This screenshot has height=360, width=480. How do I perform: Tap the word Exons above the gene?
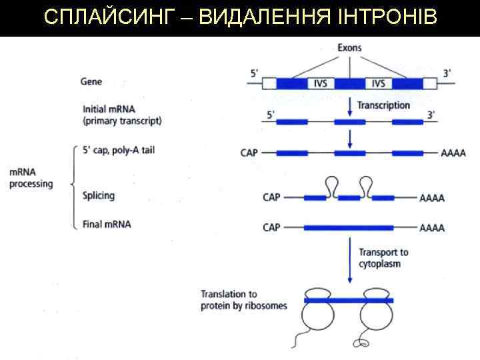[x=349, y=48]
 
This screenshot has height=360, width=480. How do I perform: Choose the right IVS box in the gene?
[x=379, y=83]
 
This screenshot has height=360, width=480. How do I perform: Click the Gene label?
[x=91, y=82]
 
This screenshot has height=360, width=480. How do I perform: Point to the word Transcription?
[x=383, y=105]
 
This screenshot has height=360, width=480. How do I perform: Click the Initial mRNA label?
[x=122, y=115]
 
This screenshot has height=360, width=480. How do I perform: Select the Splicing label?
[x=99, y=195]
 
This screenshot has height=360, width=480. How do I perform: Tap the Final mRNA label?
[x=107, y=224]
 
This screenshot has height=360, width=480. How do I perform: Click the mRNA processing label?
[x=31, y=178]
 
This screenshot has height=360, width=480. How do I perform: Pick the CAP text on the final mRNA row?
[x=271, y=227]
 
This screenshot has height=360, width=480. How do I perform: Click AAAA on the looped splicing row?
[x=432, y=197]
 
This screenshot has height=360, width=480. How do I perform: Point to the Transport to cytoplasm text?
[x=383, y=258]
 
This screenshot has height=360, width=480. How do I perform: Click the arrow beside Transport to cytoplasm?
[x=350, y=260]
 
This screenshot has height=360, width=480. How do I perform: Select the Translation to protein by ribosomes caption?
[x=244, y=300]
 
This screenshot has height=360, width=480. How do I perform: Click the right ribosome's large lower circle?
[x=377, y=321]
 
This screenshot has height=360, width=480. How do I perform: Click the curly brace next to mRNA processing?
[x=72, y=187]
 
